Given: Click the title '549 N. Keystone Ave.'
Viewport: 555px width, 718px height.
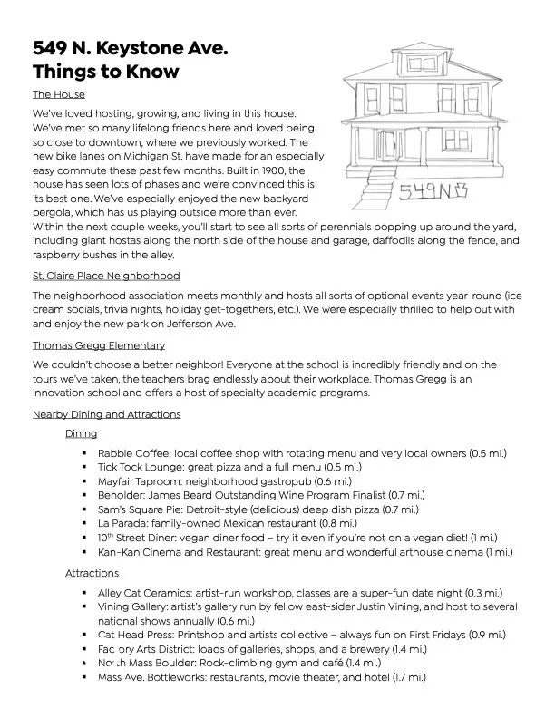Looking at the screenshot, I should click(x=130, y=48).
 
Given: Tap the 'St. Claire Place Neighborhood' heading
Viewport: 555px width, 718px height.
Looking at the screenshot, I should click(x=105, y=276).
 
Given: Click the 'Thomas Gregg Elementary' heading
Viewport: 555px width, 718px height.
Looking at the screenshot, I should click(x=99, y=345).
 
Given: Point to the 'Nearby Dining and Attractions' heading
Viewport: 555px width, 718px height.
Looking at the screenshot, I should click(x=106, y=414).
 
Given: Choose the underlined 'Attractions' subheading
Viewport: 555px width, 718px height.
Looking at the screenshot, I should click(x=92, y=573).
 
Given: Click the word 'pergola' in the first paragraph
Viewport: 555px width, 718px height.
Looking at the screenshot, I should click(x=54, y=211).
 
